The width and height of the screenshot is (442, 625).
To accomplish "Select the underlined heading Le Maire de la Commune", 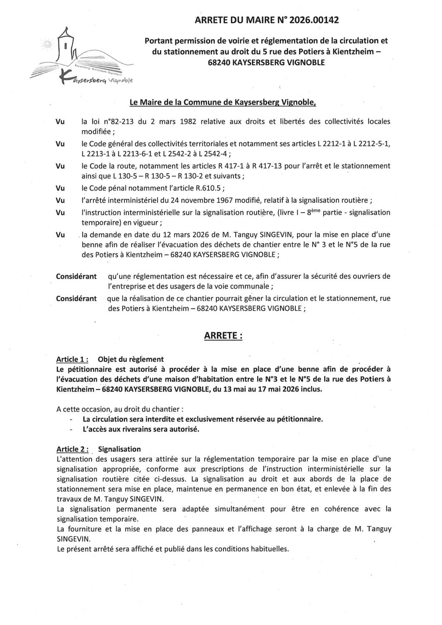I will click(x=223, y=102).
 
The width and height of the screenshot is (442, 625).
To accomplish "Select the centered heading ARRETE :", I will click(x=223, y=336).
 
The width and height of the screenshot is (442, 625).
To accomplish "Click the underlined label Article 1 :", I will click(x=72, y=359).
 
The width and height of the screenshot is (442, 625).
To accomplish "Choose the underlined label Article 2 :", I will click(x=73, y=449).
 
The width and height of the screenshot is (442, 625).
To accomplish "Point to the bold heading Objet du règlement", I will click(x=131, y=359).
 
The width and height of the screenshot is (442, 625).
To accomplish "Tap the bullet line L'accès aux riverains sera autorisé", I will click(x=141, y=429).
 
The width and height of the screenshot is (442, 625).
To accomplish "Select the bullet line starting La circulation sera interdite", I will click(x=203, y=419).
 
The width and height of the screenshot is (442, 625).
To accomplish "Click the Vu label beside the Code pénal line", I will click(x=61, y=188).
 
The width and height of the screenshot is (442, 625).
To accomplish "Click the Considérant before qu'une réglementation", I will click(x=76, y=277).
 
